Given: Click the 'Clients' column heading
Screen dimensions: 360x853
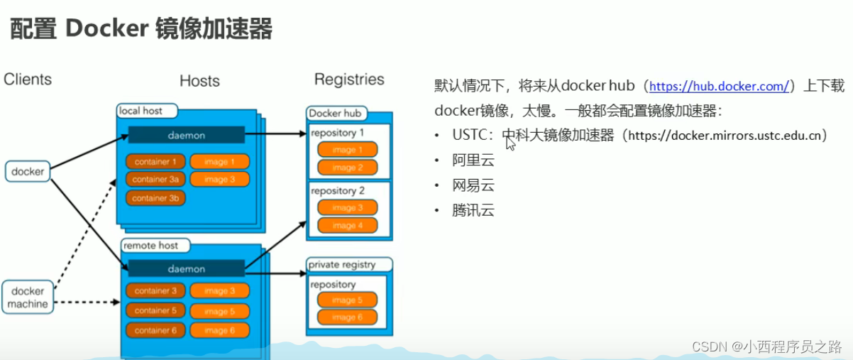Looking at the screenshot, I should coord(28,79).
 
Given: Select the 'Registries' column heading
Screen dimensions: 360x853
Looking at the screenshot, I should coord(349,79).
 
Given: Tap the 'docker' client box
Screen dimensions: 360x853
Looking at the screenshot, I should coord(28,171).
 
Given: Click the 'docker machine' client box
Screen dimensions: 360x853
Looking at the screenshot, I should coord(28,298).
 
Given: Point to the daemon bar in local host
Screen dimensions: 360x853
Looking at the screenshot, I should coord(186,135).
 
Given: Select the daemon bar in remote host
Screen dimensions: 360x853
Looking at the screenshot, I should coord(186,269).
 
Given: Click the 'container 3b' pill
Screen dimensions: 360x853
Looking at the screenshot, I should coord(155,198).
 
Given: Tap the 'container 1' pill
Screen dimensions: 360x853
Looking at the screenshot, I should coord(155,161).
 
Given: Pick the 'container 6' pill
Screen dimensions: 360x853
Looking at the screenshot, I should coord(155,330).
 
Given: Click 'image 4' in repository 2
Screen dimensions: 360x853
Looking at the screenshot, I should coord(347,225).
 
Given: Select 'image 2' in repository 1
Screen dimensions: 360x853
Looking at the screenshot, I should coord(347,168).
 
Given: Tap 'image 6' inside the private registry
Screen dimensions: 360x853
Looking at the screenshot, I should coord(347,317).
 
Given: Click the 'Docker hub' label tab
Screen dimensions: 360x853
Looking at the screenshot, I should coord(334,114).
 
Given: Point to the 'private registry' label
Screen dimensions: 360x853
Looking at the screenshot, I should coord(341,265).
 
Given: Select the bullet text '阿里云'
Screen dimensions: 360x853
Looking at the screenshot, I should coord(473,160).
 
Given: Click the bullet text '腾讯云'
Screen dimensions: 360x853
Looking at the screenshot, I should coord(473,210).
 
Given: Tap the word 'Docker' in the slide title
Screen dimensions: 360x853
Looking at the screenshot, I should coord(106,30).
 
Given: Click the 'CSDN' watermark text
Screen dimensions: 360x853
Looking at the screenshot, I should coord(706,347).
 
